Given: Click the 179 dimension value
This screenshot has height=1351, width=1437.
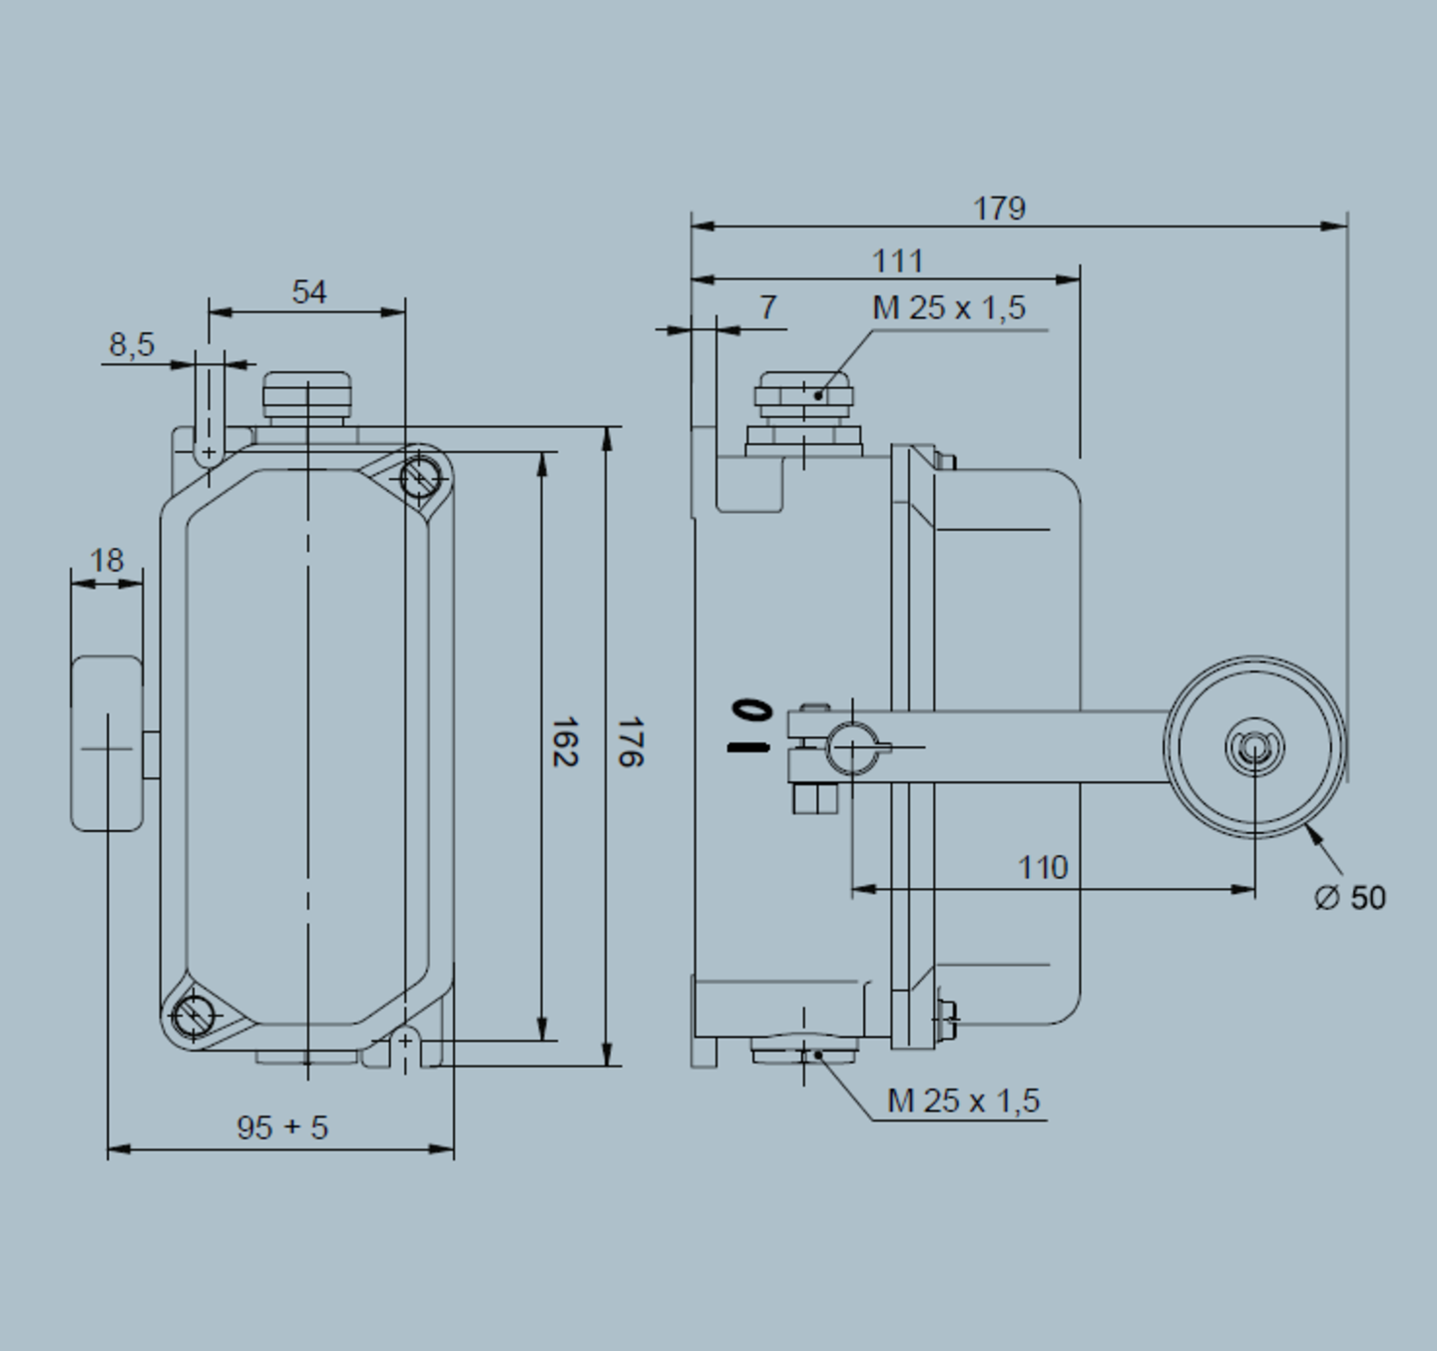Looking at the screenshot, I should (x=999, y=209).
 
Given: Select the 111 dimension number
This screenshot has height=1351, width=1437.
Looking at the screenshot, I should (x=898, y=261).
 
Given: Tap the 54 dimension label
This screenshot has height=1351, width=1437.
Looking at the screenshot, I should (x=309, y=292).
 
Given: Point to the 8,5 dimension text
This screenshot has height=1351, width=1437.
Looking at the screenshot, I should (x=132, y=345).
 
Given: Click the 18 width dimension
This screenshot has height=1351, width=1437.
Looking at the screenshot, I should (x=107, y=561).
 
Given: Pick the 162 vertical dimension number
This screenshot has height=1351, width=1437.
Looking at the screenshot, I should (x=565, y=741).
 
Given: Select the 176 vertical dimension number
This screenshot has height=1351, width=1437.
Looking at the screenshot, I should (x=630, y=741).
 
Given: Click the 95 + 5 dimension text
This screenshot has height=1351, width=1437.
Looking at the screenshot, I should (x=282, y=1127).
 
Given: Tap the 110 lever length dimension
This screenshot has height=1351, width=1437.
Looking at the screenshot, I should (x=1042, y=868).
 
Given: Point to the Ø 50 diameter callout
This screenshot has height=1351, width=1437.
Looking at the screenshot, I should (x=1350, y=898).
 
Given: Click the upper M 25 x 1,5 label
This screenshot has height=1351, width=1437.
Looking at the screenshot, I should (x=948, y=308).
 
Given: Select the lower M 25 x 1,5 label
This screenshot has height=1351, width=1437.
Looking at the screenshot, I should (x=963, y=1102).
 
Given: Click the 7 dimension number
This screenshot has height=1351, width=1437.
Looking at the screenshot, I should (x=767, y=307).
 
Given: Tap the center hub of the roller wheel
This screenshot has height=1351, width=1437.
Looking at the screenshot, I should (x=1254, y=747).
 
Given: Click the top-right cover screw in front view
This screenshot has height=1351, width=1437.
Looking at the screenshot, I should (x=420, y=477).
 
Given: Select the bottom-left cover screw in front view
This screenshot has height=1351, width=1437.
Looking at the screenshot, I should (x=192, y=1016).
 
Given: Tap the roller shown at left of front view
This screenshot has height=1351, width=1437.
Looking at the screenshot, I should (x=107, y=743).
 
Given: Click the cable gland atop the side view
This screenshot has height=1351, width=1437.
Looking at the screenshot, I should (x=803, y=396).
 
